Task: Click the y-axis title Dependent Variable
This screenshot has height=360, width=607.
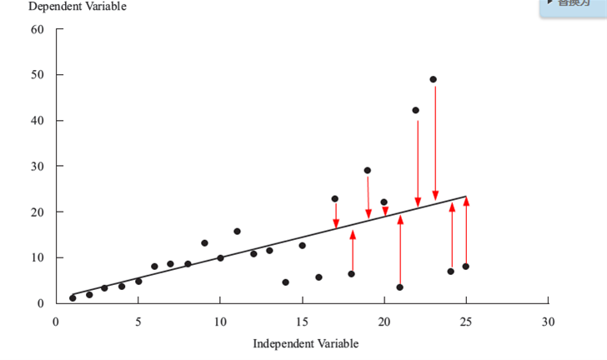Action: [78, 7]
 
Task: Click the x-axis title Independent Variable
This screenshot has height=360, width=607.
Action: [306, 343]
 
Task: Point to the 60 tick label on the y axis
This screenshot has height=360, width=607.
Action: [37, 30]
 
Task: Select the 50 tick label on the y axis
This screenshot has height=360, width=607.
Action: [37, 76]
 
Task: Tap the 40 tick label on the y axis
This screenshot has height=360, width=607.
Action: [37, 121]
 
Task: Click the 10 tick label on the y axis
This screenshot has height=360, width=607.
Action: [37, 257]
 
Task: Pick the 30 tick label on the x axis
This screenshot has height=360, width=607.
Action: [548, 322]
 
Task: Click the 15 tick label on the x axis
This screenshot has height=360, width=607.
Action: [302, 322]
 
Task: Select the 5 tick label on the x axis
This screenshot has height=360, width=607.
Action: [138, 322]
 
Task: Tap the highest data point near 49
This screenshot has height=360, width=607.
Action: [434, 80]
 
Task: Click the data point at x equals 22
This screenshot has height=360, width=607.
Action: [416, 110]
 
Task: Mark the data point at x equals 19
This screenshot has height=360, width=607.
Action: [367, 171]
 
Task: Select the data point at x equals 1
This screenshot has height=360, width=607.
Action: [73, 297]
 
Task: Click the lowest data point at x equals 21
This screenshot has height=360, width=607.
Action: [399, 287]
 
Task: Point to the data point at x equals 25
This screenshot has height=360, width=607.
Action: [465, 267]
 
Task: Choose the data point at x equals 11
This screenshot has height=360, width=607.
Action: [237, 232]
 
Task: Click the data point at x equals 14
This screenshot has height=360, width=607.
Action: [285, 282]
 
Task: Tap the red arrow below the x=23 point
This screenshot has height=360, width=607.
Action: [435, 142]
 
